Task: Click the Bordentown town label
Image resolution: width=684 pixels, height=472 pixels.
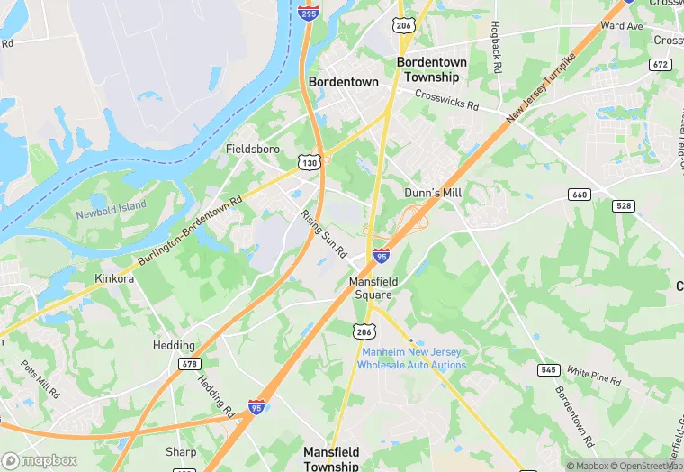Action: [344, 81]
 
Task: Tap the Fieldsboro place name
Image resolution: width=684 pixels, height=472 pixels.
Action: [253, 149]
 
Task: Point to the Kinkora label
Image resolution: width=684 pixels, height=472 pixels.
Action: [114, 279]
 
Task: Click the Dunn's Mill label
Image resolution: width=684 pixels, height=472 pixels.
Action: [433, 193]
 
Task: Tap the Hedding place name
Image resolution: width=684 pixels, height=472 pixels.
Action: [174, 346]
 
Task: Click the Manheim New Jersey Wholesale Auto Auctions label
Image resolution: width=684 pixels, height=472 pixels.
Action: [411, 359]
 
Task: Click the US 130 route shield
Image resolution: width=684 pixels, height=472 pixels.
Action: [310, 161]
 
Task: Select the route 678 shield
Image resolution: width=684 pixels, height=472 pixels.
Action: [188, 363]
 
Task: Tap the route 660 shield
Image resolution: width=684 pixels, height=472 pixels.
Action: [579, 195]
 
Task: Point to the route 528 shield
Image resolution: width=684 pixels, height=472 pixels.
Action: [622, 206]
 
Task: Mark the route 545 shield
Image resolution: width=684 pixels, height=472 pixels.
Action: [547, 369]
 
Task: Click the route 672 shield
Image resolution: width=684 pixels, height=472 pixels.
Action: [661, 64]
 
